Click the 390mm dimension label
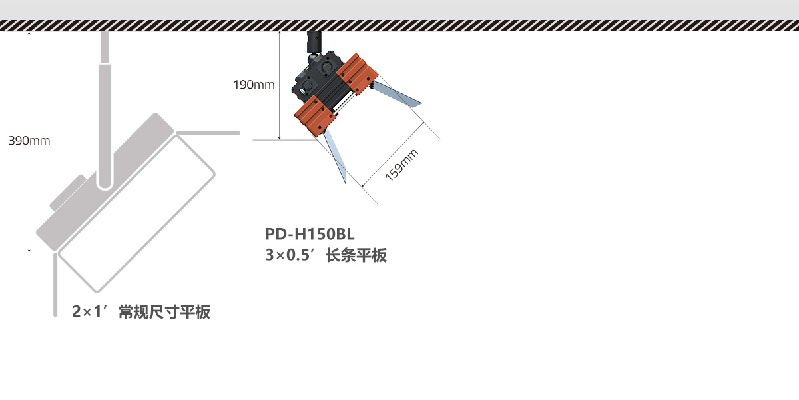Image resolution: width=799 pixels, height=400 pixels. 29,141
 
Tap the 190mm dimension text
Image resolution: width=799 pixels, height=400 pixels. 254,85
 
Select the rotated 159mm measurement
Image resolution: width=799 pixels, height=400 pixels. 401,165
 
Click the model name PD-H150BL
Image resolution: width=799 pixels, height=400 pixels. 310,234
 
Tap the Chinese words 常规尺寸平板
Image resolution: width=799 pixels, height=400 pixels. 164,312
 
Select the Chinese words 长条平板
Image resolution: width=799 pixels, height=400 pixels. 356,255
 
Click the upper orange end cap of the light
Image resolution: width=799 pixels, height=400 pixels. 357,74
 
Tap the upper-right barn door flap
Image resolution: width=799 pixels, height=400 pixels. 397,93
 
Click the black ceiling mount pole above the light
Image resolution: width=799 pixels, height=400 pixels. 313,42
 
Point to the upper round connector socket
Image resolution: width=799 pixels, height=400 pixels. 326,67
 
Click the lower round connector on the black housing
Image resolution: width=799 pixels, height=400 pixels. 307,86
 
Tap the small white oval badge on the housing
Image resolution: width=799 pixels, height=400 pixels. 302,92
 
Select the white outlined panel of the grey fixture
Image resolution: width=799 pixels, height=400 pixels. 136,213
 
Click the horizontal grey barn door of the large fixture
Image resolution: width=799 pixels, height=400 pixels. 208,133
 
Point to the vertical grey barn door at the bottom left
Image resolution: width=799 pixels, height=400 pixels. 55,285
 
